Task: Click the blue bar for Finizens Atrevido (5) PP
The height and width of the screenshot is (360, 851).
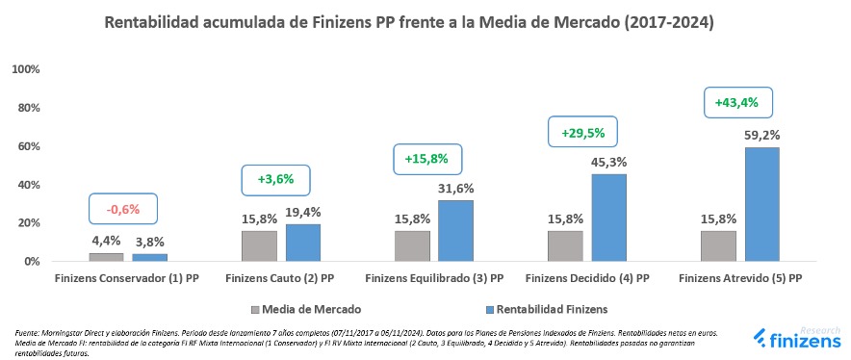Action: tap(761, 204)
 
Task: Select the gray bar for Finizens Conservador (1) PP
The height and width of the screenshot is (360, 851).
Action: tap(106, 257)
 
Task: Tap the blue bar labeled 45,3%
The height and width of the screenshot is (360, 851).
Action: tap(608, 218)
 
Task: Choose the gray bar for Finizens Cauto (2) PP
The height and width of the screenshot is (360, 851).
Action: tap(259, 245)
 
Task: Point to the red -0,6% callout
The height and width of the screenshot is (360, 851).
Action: tap(123, 209)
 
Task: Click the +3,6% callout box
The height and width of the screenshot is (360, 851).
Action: tap(275, 179)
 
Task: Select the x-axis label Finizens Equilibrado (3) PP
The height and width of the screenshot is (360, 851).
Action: tap(434, 278)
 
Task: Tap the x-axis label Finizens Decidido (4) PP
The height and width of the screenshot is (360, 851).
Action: tap(587, 278)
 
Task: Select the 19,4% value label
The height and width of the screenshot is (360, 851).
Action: tap(302, 212)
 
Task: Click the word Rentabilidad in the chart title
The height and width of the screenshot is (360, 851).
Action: tap(154, 22)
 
